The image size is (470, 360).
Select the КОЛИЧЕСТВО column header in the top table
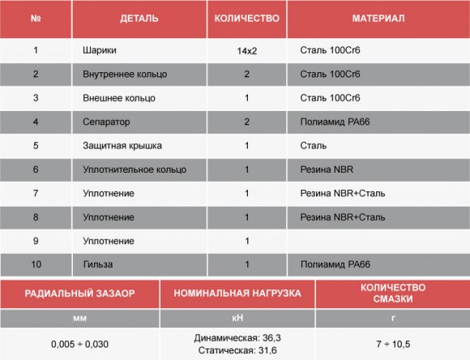tap(246, 18)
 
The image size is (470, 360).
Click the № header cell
tap(36, 18)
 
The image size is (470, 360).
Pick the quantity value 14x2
tap(246, 52)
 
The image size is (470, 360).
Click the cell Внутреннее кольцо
tap(124, 75)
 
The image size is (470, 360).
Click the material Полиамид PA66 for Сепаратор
tap(335, 122)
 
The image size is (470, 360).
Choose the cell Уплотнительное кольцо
tap(134, 169)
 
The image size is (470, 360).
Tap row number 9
tap(36, 241)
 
